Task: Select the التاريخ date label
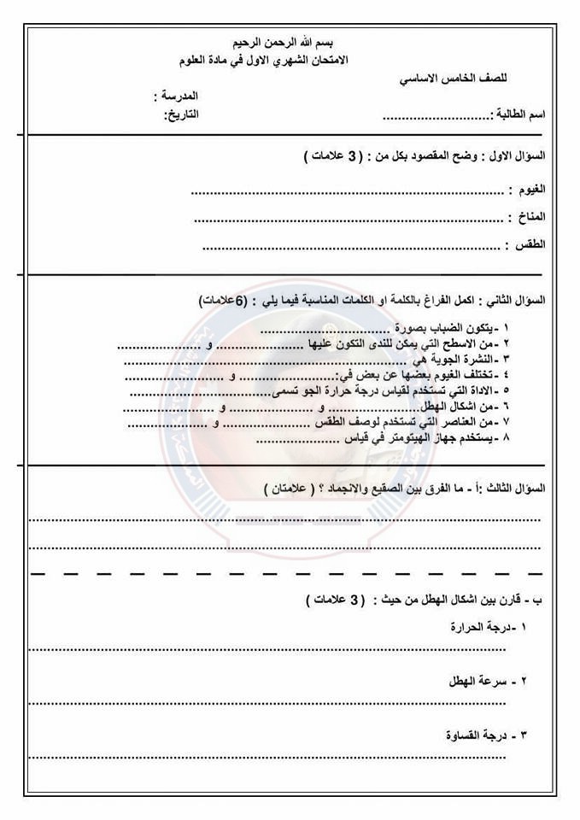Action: (x=182, y=114)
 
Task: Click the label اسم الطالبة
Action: (x=518, y=114)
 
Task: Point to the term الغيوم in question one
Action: (x=527, y=189)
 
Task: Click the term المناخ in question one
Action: (x=527, y=217)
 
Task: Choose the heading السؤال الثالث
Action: (x=515, y=489)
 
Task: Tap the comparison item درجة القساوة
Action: (x=478, y=735)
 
